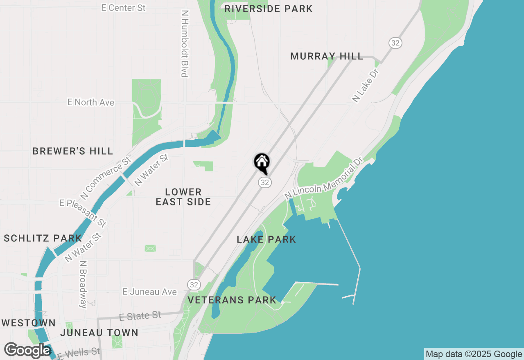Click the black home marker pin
[x=262, y=163]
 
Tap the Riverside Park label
[x=269, y=9]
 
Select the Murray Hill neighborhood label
[x=327, y=56]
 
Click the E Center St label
[x=124, y=8]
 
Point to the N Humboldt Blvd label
[x=184, y=43]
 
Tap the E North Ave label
[x=91, y=102]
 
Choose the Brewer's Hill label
[x=73, y=151]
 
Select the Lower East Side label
[x=183, y=197]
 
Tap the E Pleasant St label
[x=83, y=213]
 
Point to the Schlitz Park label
[x=43, y=238]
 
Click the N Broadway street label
[x=84, y=284]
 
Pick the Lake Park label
[x=267, y=239]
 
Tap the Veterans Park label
[x=232, y=300]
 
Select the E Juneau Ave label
[x=150, y=292]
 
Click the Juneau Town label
[x=99, y=333]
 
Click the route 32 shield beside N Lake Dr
[x=395, y=43]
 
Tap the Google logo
[x=28, y=350]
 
